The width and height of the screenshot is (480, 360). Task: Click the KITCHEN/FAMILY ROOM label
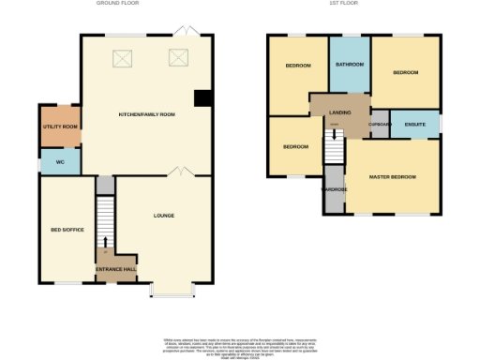(x=147, y=114)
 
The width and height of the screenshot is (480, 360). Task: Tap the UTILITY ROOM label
(x=59, y=126)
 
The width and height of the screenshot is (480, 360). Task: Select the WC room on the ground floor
(x=59, y=162)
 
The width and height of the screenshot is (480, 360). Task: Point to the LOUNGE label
(x=164, y=216)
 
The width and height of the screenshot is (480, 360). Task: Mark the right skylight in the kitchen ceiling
(x=178, y=58)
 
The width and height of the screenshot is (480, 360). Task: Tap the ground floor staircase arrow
(x=105, y=249)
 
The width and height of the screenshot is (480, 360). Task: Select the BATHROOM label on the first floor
(x=350, y=65)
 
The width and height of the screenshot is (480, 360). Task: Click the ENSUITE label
(x=414, y=124)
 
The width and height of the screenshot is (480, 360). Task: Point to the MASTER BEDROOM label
(x=392, y=176)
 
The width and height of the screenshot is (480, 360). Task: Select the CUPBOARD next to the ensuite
(x=380, y=125)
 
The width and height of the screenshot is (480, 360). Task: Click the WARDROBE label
(x=335, y=189)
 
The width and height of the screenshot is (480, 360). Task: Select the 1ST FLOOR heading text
(x=352, y=4)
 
